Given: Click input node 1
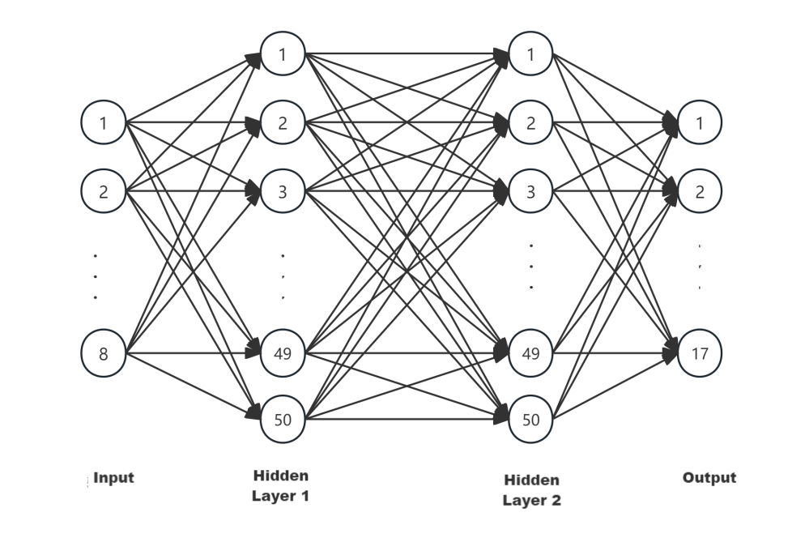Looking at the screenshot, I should [103, 123].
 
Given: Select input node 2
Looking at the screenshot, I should [103, 192].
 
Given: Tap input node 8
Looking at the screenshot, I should [103, 353].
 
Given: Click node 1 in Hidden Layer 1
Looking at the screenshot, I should [283, 55].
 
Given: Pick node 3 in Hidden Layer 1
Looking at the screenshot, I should [283, 192].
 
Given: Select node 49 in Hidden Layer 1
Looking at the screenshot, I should [283, 353].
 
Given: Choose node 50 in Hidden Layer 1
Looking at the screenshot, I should [283, 420].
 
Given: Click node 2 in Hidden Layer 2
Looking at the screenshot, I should [531, 123].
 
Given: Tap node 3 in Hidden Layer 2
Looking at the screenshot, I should [531, 192].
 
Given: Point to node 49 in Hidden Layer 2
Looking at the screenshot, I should [531, 353].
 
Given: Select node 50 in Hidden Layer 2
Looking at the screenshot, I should [531, 420].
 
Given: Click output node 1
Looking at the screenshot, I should [700, 123].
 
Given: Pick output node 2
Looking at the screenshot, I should [700, 192].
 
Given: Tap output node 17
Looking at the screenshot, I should [700, 353].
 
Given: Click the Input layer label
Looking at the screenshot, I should [113, 478].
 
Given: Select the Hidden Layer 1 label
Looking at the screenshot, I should [281, 485].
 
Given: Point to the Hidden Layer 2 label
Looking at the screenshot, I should [531, 490].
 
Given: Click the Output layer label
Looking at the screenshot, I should [709, 477].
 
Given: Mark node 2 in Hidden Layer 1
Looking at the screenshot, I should [283, 123].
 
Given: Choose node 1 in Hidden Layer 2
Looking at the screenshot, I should [531, 55].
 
